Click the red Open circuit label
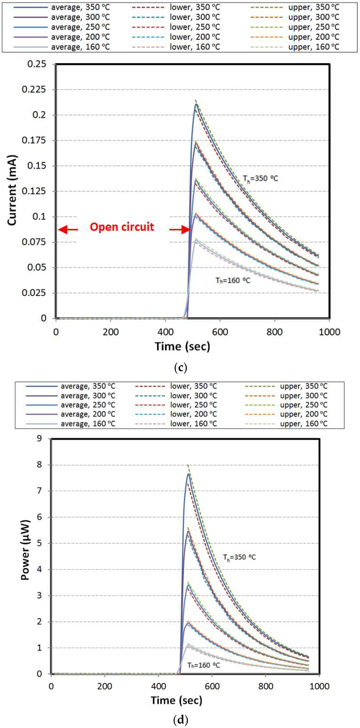tap(122, 227)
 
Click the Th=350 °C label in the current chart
tap(260, 179)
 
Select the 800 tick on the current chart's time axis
tap(274, 332)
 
